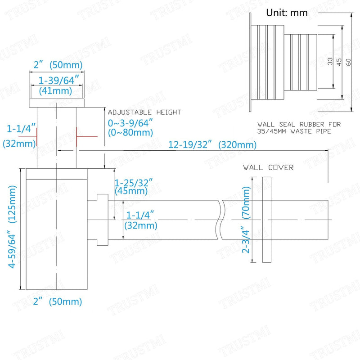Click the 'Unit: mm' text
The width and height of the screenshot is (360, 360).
[287, 13]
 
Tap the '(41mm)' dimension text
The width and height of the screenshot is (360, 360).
[55, 91]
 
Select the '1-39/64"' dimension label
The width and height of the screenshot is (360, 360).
[58, 80]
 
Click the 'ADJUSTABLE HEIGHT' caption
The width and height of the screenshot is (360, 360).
[144, 112]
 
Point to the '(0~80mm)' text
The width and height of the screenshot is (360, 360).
[130, 132]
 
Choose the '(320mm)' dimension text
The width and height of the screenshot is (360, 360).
[237, 145]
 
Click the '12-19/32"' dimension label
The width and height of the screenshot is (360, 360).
[190, 144]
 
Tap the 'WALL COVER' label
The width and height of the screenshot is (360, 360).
[268, 167]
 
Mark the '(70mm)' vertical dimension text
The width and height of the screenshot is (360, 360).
[246, 202]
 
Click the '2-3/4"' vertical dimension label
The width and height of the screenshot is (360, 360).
[245, 239]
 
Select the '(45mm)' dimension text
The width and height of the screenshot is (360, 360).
[131, 191]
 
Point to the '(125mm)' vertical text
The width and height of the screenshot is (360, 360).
[12, 204]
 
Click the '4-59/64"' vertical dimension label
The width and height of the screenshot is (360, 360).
[12, 251]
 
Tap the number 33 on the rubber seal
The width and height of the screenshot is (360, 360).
[330, 61]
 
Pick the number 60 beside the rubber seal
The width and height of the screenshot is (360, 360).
[348, 62]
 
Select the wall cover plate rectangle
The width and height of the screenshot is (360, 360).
[267, 220]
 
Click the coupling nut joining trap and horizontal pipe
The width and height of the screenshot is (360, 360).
[103, 220]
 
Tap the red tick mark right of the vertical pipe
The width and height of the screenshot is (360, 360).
[87, 137]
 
